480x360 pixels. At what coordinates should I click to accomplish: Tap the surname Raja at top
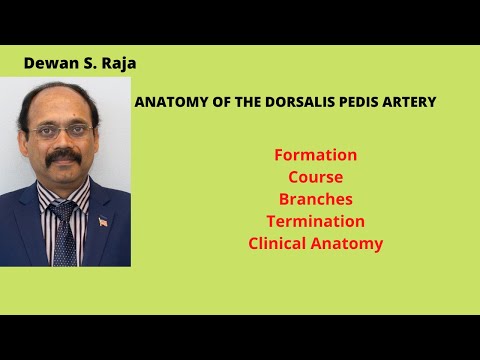[x=116, y=63]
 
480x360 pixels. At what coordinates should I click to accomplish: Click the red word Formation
[x=315, y=155]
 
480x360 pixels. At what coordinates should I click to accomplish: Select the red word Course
[x=315, y=177]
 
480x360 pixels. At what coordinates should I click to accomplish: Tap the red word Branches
[x=315, y=199]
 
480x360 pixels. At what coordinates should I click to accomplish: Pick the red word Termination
[x=315, y=221]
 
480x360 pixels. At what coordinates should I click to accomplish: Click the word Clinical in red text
[x=282, y=243]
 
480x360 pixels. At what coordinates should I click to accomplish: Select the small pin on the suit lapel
[x=103, y=220]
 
